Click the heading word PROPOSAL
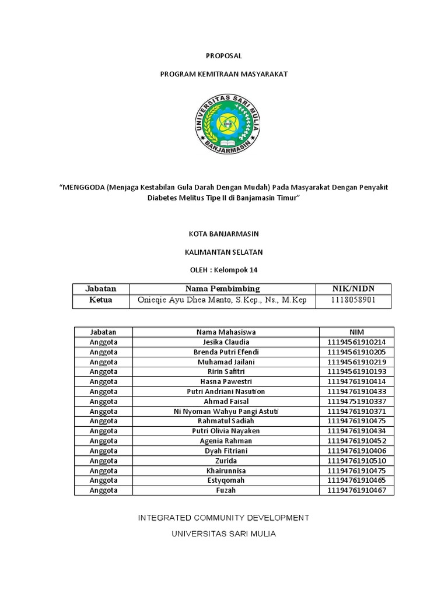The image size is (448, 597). [223, 56]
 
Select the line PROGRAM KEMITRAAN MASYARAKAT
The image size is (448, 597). [223, 75]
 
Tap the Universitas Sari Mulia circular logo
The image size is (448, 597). [228, 123]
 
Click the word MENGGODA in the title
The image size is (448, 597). [82, 187]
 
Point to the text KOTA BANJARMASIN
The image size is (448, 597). [223, 234]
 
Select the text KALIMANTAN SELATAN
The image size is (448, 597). [223, 252]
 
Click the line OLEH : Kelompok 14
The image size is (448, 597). [223, 270]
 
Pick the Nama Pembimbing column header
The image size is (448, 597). [222, 289]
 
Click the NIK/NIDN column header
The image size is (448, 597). [353, 289]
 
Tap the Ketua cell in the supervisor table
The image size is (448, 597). [100, 300]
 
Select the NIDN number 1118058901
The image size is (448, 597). [353, 301]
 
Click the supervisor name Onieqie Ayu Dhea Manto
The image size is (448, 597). [192, 301]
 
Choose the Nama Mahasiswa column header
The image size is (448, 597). [226, 332]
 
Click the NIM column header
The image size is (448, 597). [356, 332]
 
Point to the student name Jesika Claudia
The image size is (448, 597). [226, 342]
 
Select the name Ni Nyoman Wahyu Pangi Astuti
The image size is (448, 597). [226, 412]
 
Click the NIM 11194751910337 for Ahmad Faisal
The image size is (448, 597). [356, 402]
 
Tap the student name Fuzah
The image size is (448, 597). [226, 490]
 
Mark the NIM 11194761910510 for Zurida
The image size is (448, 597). [356, 461]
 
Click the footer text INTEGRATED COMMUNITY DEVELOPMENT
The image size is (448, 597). [223, 518]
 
